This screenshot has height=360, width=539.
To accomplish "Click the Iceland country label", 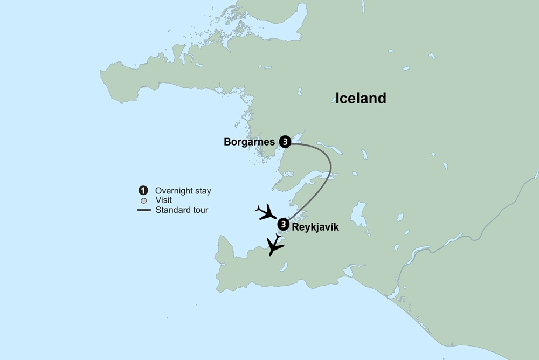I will [x=361, y=98].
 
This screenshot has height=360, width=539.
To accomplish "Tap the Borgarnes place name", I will [x=249, y=142].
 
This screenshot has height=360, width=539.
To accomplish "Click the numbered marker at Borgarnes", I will [x=285, y=142].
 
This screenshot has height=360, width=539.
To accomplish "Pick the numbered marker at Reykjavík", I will [x=283, y=224].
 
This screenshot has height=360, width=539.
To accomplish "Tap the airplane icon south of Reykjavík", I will [x=275, y=246].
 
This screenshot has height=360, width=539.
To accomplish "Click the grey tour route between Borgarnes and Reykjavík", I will [x=329, y=167].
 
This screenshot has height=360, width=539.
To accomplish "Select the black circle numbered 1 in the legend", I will [x=143, y=191].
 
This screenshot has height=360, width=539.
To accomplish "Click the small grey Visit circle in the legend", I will [x=143, y=200].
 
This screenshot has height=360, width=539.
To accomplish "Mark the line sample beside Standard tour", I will [x=143, y=210].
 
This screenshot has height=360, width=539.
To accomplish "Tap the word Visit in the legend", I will [x=163, y=200].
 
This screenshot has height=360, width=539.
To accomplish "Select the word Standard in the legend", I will [x=173, y=210].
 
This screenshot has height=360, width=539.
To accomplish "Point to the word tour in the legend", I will [x=200, y=210].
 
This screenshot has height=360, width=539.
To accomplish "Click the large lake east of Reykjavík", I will [x=358, y=214].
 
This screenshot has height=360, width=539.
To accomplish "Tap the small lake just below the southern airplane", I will [x=284, y=266].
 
